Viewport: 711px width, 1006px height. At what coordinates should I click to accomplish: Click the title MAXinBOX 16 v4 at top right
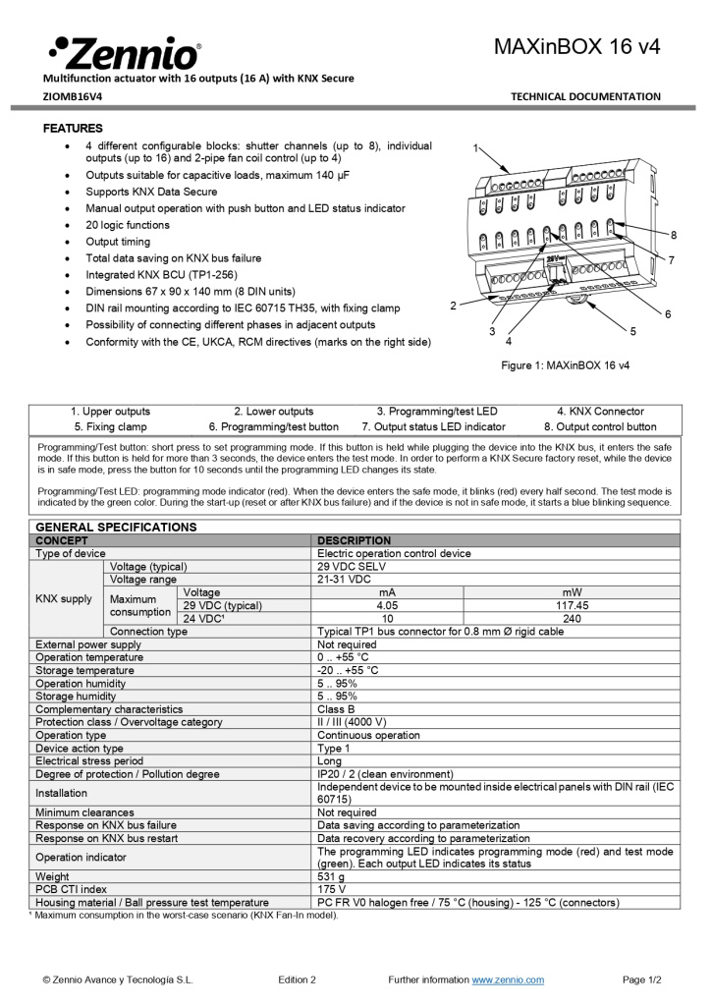coord(576,46)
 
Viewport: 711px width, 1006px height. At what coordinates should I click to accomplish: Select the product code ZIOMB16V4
coord(72,96)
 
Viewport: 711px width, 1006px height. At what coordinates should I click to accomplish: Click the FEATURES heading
coord(73,129)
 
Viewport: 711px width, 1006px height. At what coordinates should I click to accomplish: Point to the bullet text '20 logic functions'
coord(128,225)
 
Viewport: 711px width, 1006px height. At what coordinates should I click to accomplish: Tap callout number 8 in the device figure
coord(673,236)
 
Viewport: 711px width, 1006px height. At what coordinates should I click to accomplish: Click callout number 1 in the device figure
coord(475,148)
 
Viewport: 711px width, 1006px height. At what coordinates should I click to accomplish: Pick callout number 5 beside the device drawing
coord(632,332)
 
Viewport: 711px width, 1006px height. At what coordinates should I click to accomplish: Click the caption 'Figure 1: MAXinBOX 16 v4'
coord(566,365)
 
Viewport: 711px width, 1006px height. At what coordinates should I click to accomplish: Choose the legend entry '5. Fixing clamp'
coord(110,426)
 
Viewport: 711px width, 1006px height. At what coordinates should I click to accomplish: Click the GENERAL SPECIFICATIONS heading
coord(116,527)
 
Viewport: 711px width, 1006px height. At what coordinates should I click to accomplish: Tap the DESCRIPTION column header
coord(354,540)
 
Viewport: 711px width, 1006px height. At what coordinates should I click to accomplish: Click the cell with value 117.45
coord(572,606)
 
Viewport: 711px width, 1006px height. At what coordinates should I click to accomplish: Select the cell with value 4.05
coord(388,606)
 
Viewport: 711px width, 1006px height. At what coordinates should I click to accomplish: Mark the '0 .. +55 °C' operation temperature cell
coord(343,657)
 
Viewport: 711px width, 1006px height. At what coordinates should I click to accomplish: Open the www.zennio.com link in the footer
coord(508,979)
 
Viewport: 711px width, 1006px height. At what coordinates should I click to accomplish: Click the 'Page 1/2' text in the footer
coord(642,979)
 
